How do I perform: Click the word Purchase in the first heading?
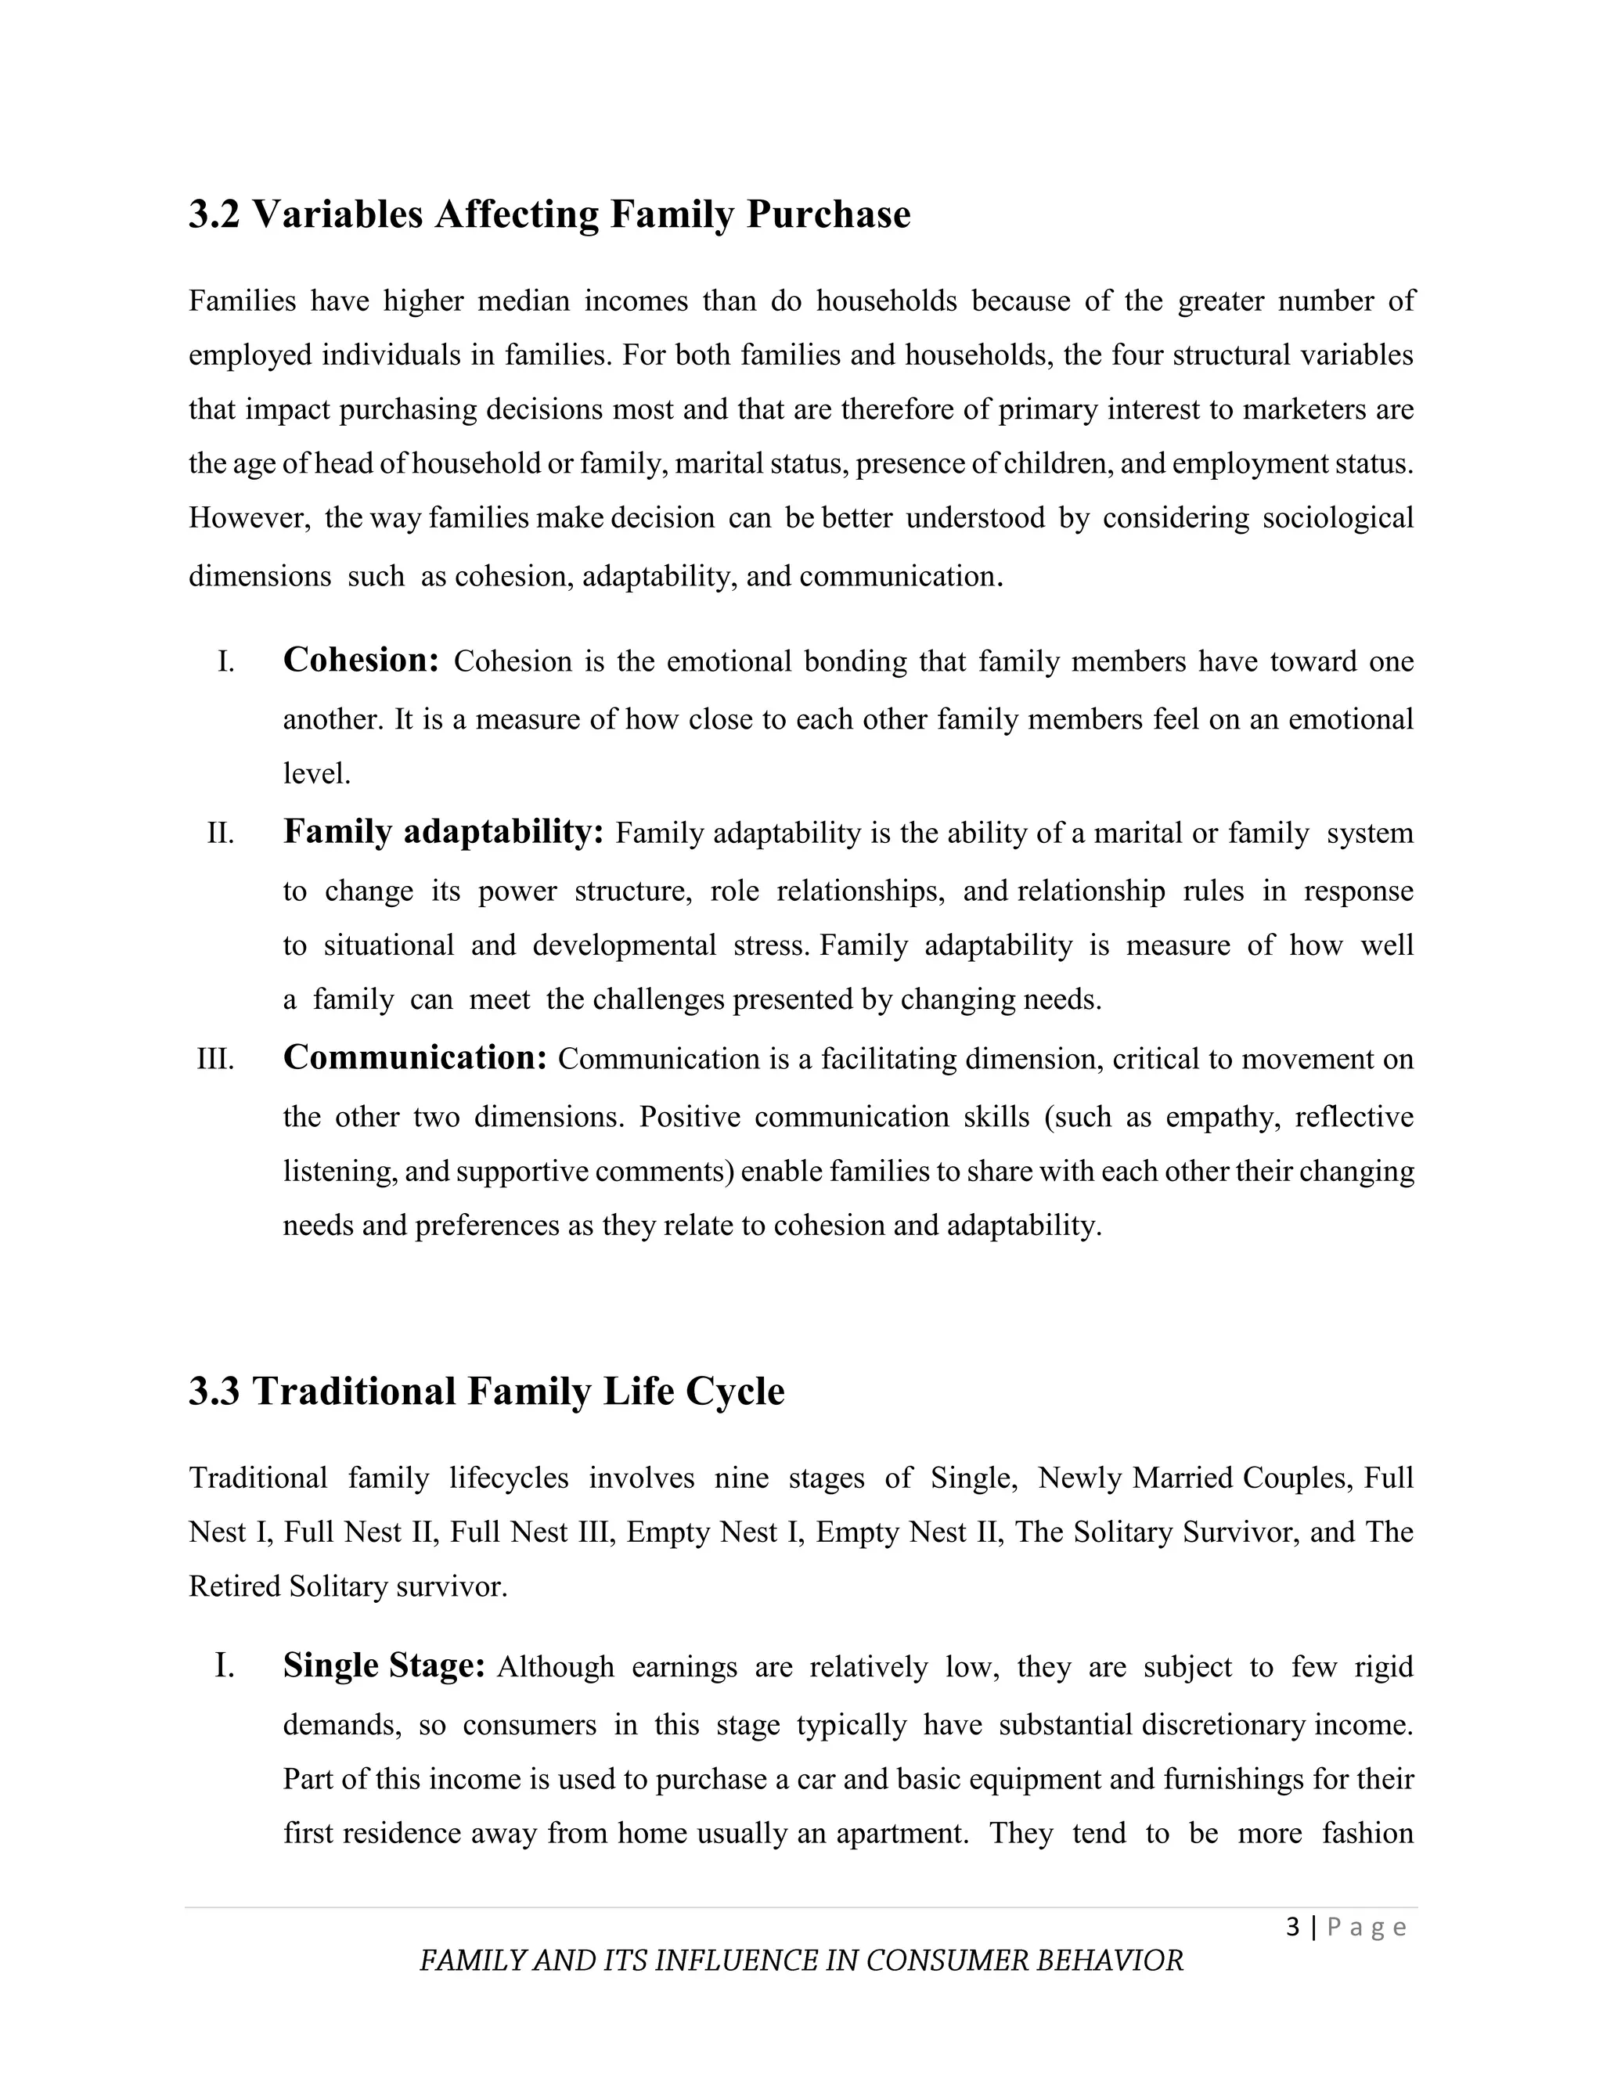[828, 214]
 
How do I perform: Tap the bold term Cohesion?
[361, 660]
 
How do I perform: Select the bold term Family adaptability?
[444, 832]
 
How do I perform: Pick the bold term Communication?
[415, 1057]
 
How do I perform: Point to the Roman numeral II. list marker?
[220, 834]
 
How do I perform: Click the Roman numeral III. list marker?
[215, 1059]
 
